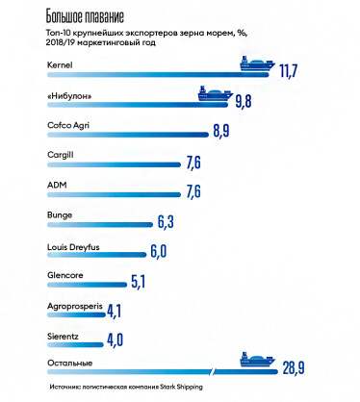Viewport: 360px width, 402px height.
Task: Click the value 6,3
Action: pyautogui.click(x=167, y=223)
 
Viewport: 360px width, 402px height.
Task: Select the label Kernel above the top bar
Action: pyautogui.click(x=61, y=64)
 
